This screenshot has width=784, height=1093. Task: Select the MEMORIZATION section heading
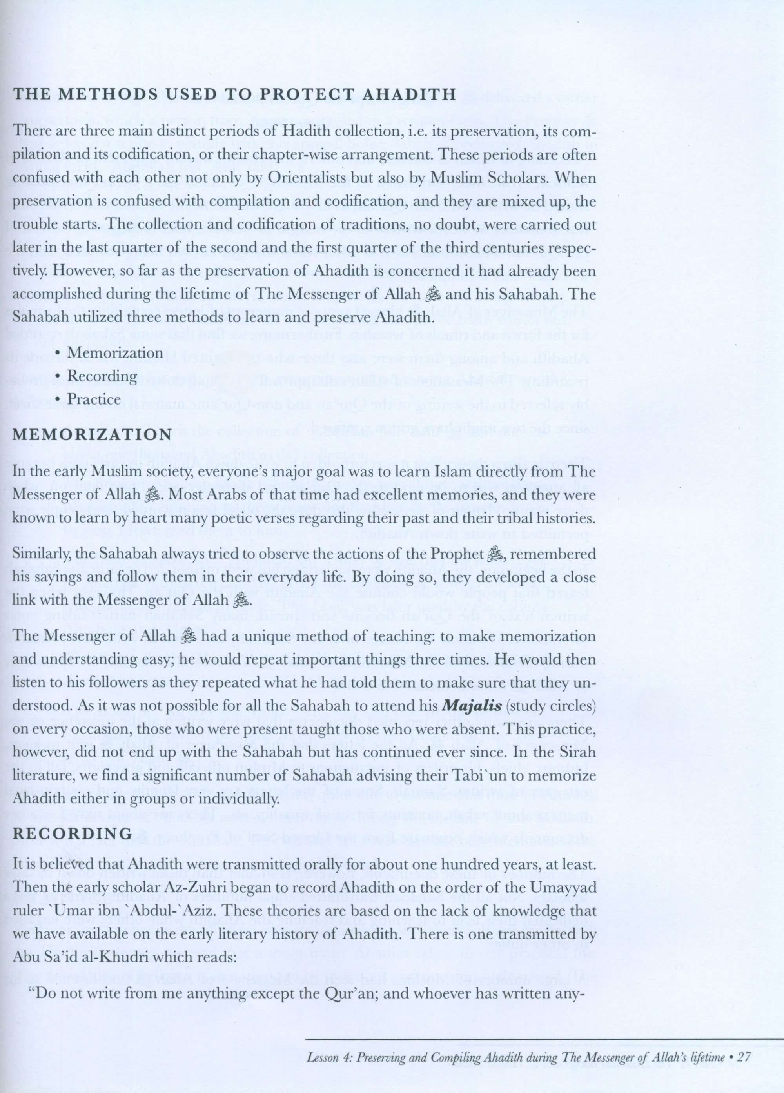92,434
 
